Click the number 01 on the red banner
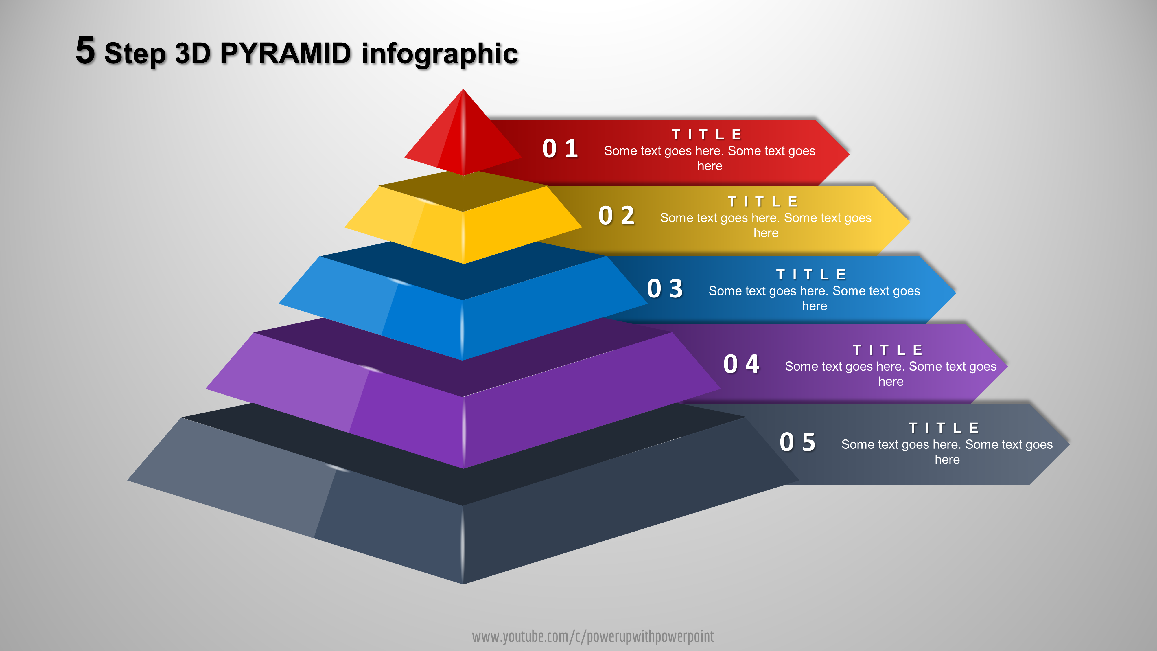(560, 149)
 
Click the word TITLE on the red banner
(707, 134)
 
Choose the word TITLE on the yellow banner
(763, 201)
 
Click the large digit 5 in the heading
(85, 50)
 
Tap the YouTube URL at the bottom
(593, 637)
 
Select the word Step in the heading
(135, 54)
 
